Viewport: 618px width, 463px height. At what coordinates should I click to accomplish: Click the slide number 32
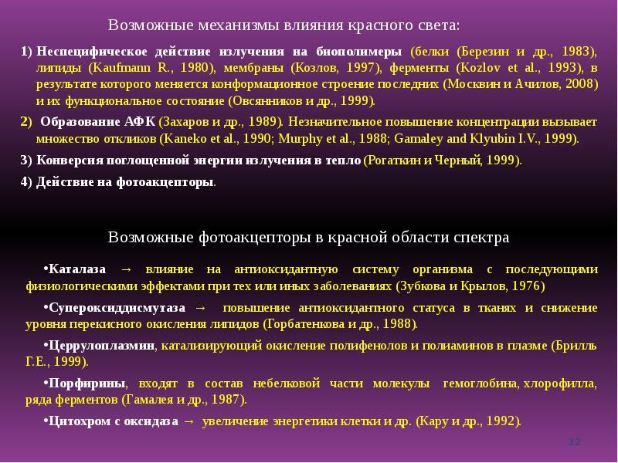pos(573,441)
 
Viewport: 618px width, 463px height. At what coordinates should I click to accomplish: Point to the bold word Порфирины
pos(85,383)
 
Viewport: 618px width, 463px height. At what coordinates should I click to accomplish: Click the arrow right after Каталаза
pos(127,269)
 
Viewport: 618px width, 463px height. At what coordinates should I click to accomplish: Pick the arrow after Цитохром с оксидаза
pos(187,421)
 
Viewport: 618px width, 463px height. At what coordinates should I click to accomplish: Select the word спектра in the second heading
pos(482,237)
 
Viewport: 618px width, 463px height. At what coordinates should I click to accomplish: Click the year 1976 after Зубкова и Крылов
pos(527,286)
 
